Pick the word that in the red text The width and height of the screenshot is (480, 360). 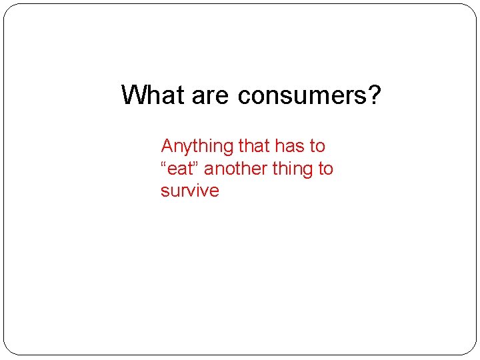(x=253, y=145)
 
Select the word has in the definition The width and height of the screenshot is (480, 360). (x=291, y=145)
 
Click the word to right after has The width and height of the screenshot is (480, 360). (x=317, y=145)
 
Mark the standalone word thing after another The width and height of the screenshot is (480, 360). (x=293, y=169)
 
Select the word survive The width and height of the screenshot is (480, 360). (x=189, y=191)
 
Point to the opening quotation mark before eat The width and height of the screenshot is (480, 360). (x=164, y=164)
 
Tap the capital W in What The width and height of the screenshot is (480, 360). (x=133, y=95)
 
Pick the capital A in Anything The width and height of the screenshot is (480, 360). (x=167, y=145)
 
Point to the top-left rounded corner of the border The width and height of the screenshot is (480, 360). (x=8, y=8)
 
